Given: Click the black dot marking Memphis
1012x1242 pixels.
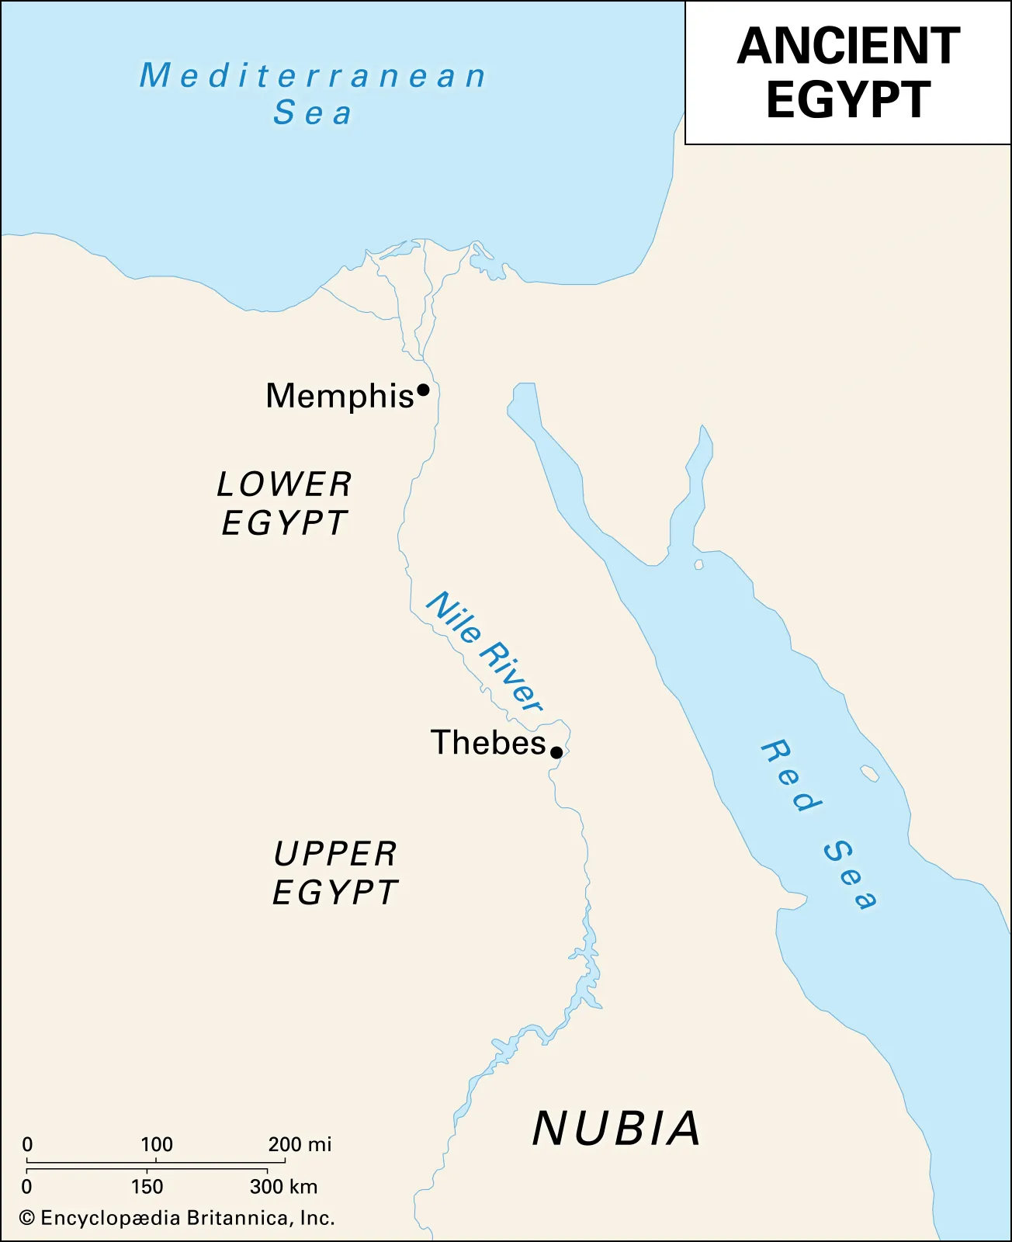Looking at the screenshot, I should pos(423,390).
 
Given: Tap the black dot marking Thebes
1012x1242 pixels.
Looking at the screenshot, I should pos(556,752).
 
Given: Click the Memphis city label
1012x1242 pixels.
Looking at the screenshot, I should pos(339,396).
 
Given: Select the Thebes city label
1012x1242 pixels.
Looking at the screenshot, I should pos(488,743).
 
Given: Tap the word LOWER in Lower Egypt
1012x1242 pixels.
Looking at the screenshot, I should pos(284,484).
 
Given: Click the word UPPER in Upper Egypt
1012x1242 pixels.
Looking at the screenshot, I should pos(335,854).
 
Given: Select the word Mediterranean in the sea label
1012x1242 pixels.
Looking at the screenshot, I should pos(313,76).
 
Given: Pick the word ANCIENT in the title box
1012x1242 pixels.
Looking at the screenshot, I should pos(848,47).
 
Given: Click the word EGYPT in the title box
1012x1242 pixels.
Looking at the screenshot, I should pos(848,99).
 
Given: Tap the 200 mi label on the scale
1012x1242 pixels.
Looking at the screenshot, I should pos(300,1144).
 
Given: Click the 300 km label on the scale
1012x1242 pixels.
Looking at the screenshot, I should pos(283,1186).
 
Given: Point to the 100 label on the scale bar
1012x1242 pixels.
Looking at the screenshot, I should pos(157,1144).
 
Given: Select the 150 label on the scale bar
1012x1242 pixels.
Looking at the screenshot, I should pos(147,1186).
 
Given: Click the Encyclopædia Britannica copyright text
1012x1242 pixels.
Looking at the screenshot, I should pos(178,1218).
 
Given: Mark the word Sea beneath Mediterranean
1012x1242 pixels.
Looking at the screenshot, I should pos(313,113).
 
